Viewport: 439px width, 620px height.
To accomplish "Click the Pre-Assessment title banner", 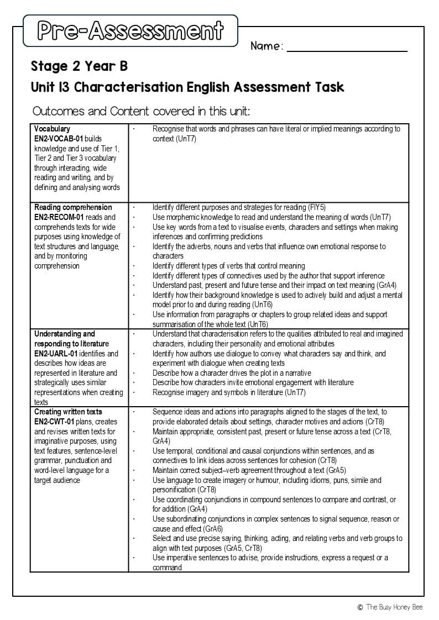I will click(130, 30).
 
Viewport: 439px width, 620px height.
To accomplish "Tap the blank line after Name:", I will click(347, 48).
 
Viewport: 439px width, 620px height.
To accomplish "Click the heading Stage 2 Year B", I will click(79, 67).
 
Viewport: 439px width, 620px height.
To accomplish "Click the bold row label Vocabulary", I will click(52, 129).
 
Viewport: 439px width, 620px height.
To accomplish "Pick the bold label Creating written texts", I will click(68, 412).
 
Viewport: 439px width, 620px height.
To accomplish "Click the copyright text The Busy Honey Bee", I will click(394, 607).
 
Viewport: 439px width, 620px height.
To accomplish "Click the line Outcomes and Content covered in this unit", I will click(141, 111).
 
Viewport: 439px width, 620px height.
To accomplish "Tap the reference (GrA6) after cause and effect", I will click(207, 529).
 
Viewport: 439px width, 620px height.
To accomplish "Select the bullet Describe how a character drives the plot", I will click(232, 373).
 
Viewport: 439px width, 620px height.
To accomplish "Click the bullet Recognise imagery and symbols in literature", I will click(229, 392).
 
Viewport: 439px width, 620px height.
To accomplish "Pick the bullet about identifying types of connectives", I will click(268, 276).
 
